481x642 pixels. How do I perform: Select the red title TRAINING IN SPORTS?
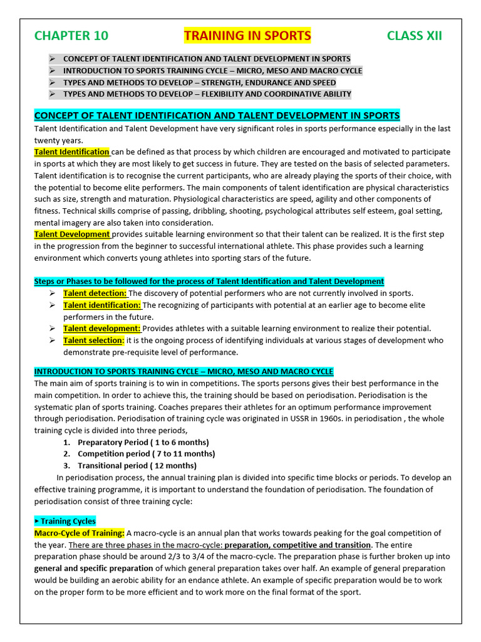coord(247,36)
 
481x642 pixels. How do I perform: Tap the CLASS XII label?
coord(414,36)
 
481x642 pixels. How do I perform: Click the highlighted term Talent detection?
coord(95,293)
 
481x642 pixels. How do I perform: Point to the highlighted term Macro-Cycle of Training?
coord(79,533)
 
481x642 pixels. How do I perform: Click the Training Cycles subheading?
coord(65,521)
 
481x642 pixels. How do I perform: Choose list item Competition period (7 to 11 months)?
coord(146,454)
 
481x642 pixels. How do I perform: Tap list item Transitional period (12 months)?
coord(137,466)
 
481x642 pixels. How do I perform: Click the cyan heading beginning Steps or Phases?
coord(209,282)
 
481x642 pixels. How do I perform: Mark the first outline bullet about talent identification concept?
coord(207,59)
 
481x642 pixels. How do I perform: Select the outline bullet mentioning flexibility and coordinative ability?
coord(207,94)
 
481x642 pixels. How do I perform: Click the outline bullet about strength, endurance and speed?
coord(199,83)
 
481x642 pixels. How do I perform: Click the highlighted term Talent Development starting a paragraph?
coord(72,234)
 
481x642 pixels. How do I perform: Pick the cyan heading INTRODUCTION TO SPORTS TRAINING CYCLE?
coord(184,372)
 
